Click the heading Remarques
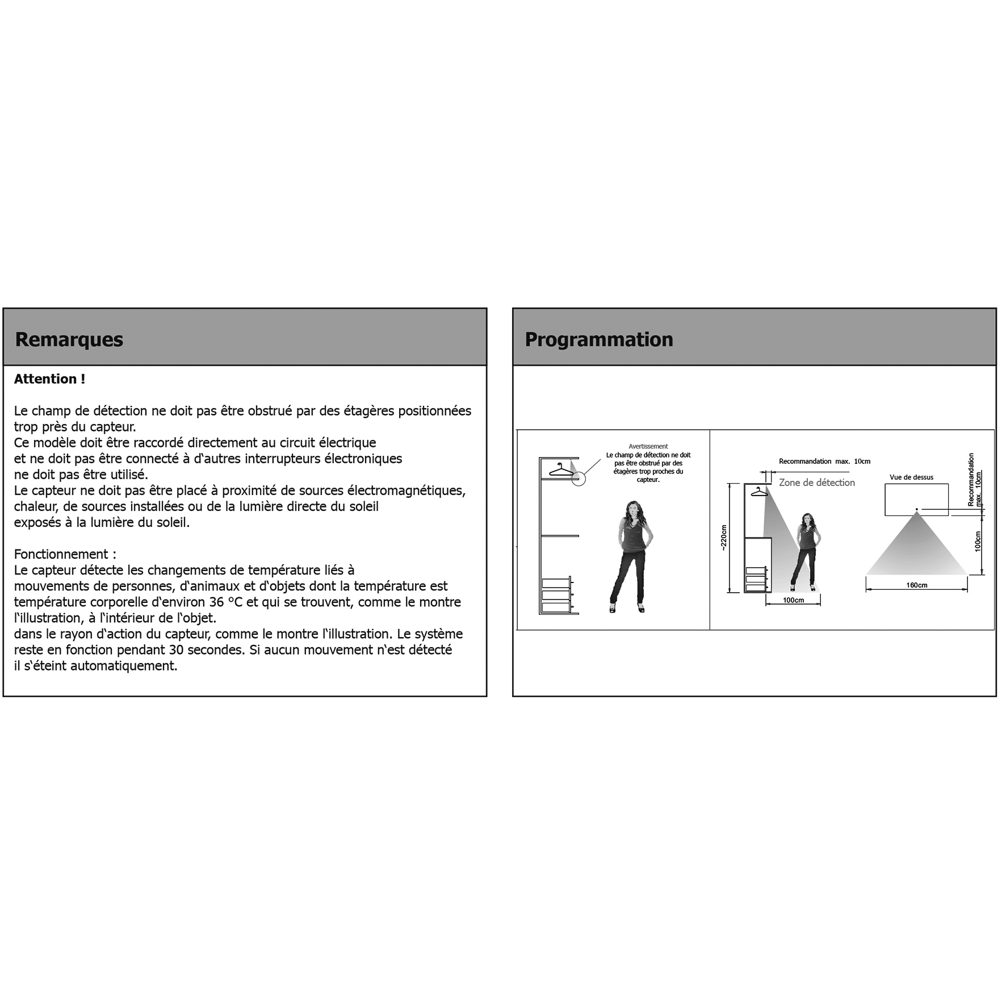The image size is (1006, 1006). tap(69, 339)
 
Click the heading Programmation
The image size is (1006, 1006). tap(598, 339)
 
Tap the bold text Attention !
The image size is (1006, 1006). tap(49, 379)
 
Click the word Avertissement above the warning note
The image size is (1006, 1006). tap(648, 446)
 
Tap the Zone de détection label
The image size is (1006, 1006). tap(816, 483)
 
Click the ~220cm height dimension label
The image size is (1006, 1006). tap(723, 537)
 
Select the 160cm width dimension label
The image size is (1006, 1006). tap(916, 585)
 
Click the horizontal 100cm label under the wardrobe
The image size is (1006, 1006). tap(793, 600)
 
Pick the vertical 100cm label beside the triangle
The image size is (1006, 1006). tap(978, 541)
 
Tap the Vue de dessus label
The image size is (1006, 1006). tap(911, 477)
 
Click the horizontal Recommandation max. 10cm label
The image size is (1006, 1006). tap(824, 462)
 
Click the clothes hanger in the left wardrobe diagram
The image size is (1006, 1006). tap(560, 470)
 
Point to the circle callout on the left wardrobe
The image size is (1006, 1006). tap(578, 479)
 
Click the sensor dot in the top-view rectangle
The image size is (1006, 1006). tap(916, 509)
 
